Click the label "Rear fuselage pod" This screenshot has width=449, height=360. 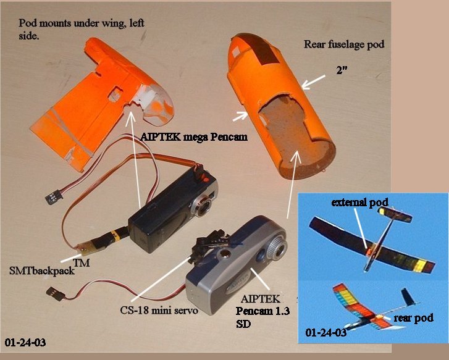click(x=344, y=44)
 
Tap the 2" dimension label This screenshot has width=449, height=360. click(x=342, y=70)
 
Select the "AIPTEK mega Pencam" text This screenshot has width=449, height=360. click(x=194, y=137)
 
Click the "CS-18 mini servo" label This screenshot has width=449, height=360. click(x=159, y=311)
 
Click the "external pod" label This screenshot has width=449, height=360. click(x=359, y=203)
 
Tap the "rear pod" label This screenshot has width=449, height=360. click(x=414, y=318)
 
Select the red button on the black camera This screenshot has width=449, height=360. click(x=205, y=180)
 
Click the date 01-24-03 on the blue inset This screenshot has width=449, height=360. click(x=326, y=333)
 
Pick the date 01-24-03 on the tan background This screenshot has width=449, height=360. click(x=25, y=343)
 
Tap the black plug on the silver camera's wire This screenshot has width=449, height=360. click(x=56, y=293)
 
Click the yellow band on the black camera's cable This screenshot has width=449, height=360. click(x=117, y=235)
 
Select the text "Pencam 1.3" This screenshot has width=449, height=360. click(x=262, y=311)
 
